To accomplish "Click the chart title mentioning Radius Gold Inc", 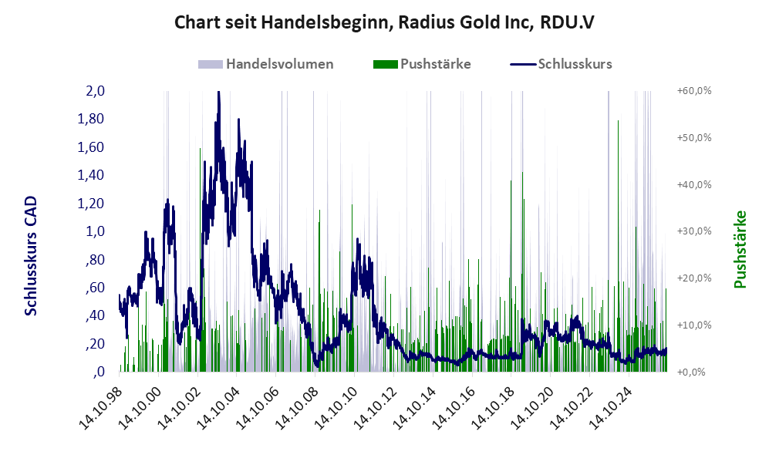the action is [x=384, y=23].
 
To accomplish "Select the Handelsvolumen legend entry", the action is [x=266, y=64].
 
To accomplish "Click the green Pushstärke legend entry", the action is [x=422, y=64].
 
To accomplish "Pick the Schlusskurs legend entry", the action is [x=561, y=64].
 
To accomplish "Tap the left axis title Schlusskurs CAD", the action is [x=31, y=255].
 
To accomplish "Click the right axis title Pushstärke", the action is [x=740, y=249].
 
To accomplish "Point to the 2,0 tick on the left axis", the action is [x=95, y=91].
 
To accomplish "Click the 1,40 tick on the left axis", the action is [x=91, y=175].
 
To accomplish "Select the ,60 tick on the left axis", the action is [x=95, y=288].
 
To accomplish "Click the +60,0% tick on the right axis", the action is [x=694, y=91].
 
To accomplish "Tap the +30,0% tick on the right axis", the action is [x=694, y=231].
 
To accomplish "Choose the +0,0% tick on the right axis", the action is [x=691, y=372].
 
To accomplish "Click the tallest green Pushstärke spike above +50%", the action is [x=618, y=245].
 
